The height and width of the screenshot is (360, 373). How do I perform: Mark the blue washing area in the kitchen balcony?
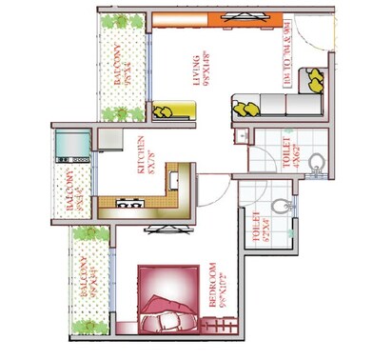point(72,145)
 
